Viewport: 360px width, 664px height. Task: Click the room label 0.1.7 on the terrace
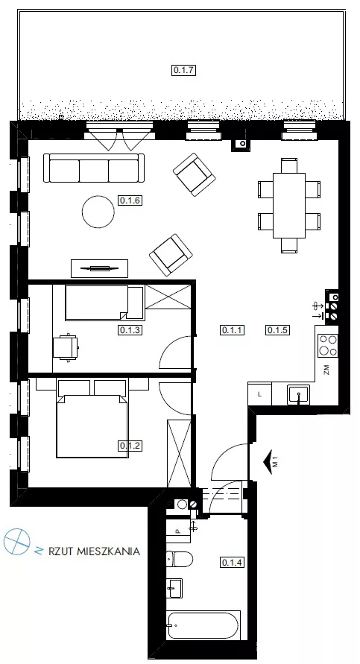(x=184, y=70)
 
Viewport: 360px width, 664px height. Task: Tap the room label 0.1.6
(x=130, y=200)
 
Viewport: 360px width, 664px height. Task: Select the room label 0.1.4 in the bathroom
(x=233, y=563)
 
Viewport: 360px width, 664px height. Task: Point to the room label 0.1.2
(x=130, y=446)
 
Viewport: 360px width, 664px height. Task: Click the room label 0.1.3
(x=130, y=329)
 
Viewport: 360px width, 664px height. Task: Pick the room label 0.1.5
(x=278, y=329)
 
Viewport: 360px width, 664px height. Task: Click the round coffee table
(x=98, y=212)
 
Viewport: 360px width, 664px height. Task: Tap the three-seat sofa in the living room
(x=94, y=168)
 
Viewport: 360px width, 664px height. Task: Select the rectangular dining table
(x=289, y=206)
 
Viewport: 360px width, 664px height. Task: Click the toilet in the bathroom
(x=180, y=559)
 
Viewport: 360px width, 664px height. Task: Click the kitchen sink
(x=299, y=395)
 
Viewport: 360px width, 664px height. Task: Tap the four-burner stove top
(x=328, y=345)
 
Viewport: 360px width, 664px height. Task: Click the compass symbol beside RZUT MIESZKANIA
(x=17, y=542)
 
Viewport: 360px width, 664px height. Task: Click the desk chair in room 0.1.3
(x=66, y=347)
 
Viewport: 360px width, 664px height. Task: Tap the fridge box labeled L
(x=259, y=393)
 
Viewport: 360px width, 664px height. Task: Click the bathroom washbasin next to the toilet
(x=174, y=588)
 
